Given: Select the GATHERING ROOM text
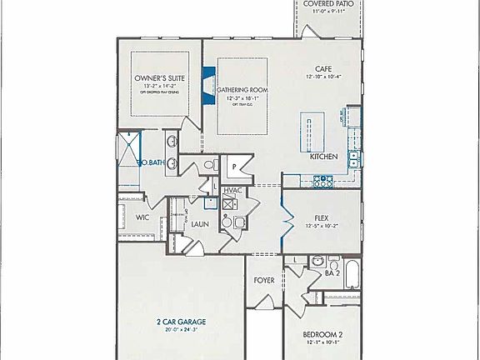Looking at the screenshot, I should (x=242, y=89).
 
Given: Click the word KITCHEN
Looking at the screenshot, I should (x=323, y=157).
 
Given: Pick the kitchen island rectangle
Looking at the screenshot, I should (x=312, y=132).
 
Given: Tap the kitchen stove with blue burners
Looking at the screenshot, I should (x=323, y=179).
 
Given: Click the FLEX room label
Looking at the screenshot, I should (x=322, y=217).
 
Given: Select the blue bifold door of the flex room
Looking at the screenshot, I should (x=287, y=221).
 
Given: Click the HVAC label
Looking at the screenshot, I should (x=232, y=191).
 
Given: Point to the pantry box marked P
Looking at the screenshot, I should (x=235, y=166).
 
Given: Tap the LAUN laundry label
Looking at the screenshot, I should (x=199, y=224).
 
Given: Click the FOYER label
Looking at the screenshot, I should (x=264, y=280).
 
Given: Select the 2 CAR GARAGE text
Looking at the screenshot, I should (x=181, y=321).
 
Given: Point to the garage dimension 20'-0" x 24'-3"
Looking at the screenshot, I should (x=181, y=330).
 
